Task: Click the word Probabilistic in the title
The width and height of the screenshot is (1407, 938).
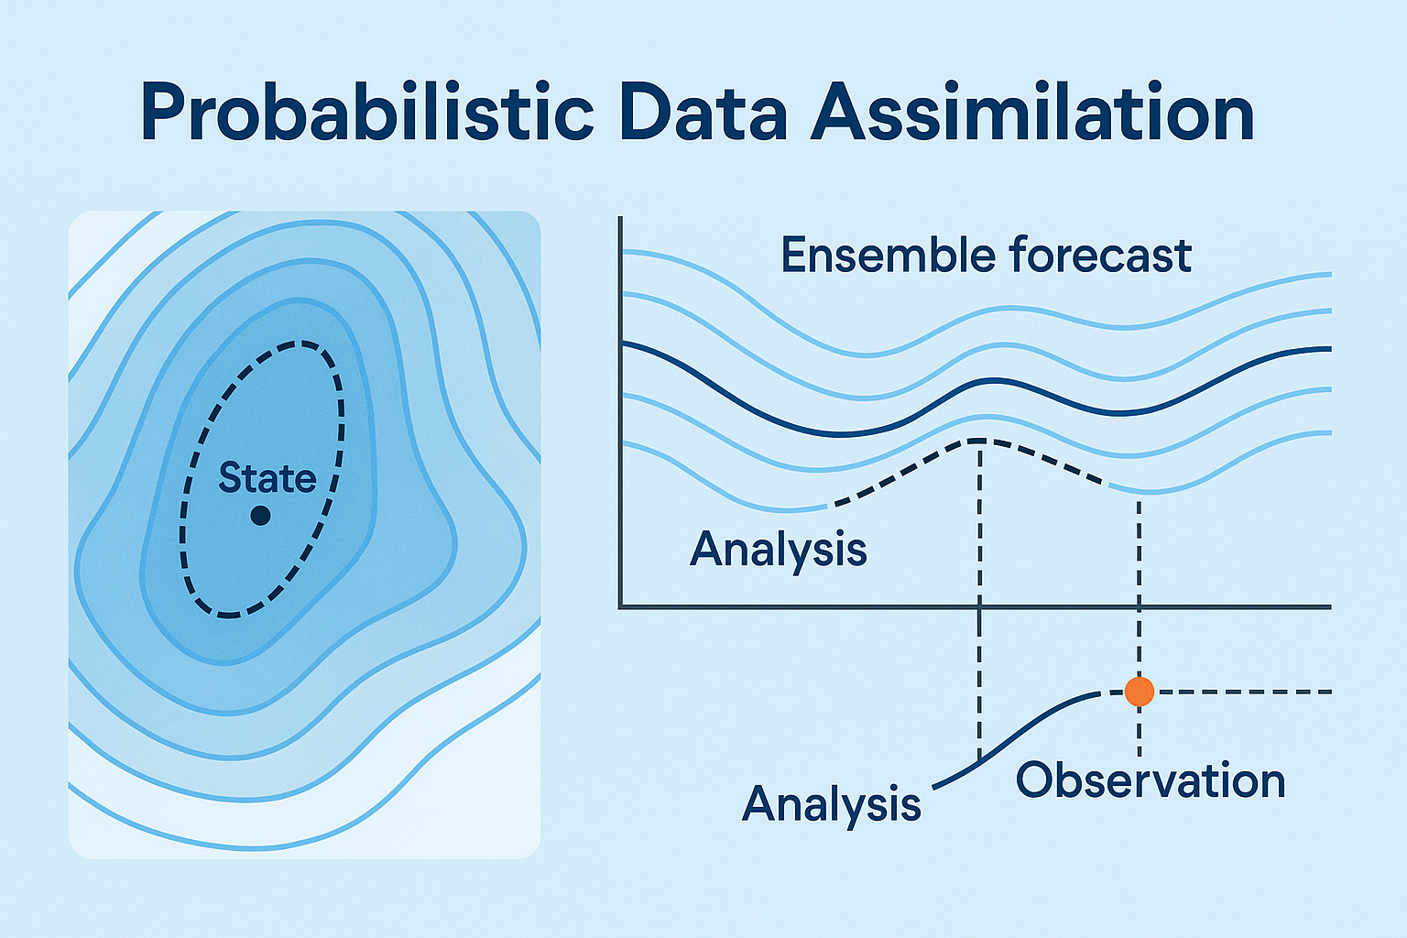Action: pos(367,115)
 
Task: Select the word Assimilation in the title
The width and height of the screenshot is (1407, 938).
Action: pos(1032,115)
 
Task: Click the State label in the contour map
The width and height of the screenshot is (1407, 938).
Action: pos(267,478)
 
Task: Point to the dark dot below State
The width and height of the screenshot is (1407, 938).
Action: pos(260,516)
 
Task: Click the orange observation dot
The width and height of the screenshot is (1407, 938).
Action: pos(1139,692)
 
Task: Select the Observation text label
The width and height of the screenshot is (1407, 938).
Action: pos(1151,780)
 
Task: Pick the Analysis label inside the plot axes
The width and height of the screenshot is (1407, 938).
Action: pos(778,550)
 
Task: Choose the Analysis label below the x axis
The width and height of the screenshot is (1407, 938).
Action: pos(831,803)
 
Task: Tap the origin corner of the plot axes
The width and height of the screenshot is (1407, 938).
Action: pos(621,605)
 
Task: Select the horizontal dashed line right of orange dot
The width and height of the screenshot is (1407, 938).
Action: pos(1237,692)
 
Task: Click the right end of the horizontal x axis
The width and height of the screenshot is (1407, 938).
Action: pos(1328,605)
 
